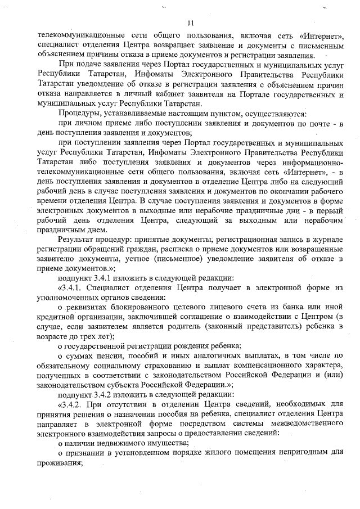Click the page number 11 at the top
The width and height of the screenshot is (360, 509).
tap(191, 23)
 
